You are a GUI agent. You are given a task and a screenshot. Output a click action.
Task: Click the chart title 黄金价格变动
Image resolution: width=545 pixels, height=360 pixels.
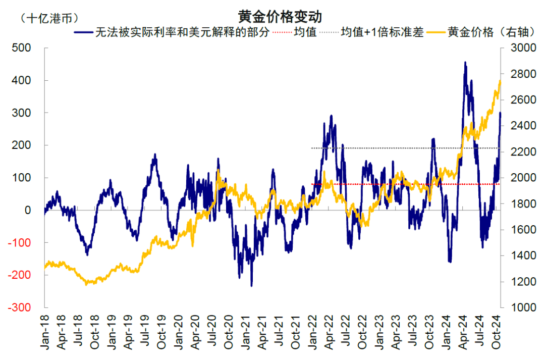[x=272, y=16]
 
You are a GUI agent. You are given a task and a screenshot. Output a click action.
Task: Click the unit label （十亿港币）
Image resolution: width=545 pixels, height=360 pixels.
[x=48, y=19]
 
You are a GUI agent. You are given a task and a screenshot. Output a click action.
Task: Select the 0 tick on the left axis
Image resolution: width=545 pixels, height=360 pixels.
[x=28, y=210]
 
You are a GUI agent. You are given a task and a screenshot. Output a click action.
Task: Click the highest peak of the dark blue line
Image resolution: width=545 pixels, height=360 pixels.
[x=465, y=63]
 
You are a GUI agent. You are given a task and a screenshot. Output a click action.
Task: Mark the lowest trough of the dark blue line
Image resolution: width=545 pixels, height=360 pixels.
[x=251, y=286]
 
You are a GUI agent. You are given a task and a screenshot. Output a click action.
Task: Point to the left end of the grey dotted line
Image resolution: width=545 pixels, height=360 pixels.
[x=312, y=148]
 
